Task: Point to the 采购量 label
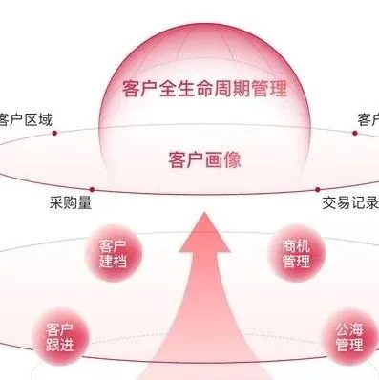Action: point(71,202)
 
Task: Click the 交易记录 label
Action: point(345,202)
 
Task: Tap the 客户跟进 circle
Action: point(59,336)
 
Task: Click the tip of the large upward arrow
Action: point(202,217)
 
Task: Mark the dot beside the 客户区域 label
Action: point(55,134)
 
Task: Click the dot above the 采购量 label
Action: point(92,189)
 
